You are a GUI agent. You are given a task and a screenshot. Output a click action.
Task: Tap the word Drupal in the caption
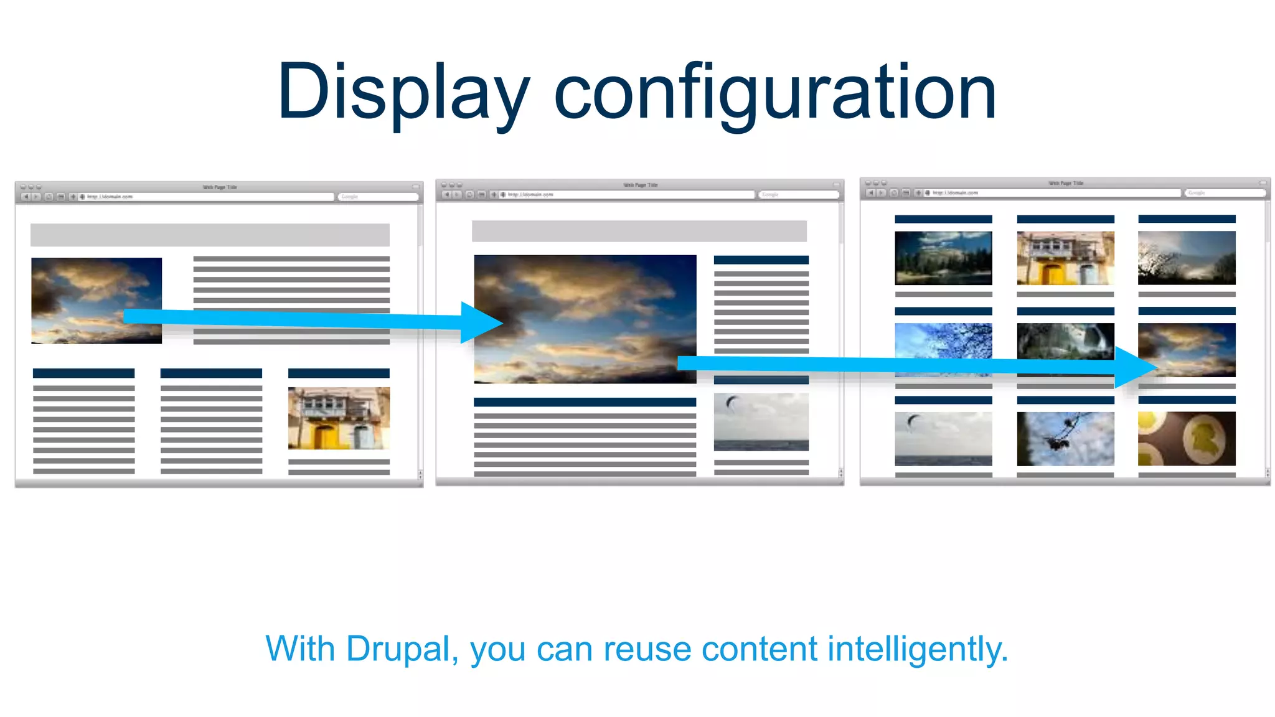(397, 649)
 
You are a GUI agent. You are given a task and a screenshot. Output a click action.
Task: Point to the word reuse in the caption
(647, 650)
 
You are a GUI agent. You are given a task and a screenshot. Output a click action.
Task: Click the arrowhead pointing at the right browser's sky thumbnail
(1134, 367)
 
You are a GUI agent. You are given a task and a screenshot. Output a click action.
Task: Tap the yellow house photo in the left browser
(339, 418)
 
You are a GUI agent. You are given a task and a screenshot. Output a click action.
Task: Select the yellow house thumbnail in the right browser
(1065, 258)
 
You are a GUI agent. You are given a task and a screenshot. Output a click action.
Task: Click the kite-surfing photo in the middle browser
(761, 421)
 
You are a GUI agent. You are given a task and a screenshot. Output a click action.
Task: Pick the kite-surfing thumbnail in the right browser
(943, 438)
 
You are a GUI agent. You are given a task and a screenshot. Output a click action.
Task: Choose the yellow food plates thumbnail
(1187, 438)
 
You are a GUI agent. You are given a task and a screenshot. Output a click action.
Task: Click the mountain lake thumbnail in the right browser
(943, 258)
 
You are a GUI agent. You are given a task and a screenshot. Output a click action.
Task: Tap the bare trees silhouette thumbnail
(1187, 258)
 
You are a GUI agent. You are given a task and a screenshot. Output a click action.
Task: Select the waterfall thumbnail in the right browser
(1065, 341)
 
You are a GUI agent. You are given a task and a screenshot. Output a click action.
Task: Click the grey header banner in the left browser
(210, 235)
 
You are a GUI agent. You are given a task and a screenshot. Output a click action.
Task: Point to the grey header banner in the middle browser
(639, 231)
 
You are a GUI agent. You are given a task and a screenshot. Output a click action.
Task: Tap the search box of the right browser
(1225, 193)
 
